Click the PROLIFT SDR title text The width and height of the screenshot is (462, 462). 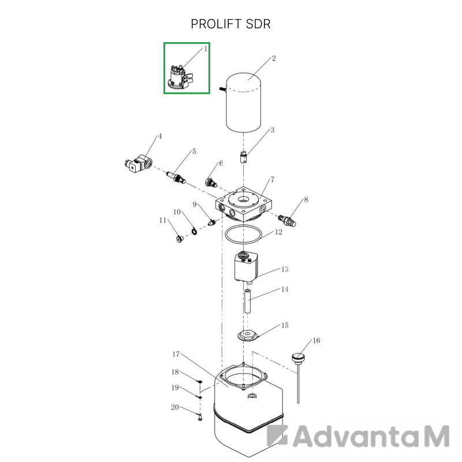pyautogui.click(x=230, y=24)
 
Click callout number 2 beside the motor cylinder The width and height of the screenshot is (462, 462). pyautogui.click(x=274, y=58)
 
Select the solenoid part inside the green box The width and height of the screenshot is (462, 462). pyautogui.click(x=180, y=77)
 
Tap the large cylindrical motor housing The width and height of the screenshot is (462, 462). pyautogui.click(x=243, y=102)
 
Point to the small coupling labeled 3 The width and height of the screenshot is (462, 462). pyautogui.click(x=243, y=157)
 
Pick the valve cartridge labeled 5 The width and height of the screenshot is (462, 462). pyautogui.click(x=176, y=177)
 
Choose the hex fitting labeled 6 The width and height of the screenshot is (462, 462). pyautogui.click(x=211, y=182)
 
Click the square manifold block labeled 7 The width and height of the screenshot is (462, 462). pyautogui.click(x=243, y=204)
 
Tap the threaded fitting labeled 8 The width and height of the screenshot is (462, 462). pyautogui.click(x=287, y=221)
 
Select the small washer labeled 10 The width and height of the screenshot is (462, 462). pyautogui.click(x=194, y=232)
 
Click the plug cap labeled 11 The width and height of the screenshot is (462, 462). pyautogui.click(x=179, y=239)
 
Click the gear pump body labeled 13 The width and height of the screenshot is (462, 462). pyautogui.click(x=246, y=267)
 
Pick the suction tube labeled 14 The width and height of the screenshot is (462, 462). pyautogui.click(x=247, y=301)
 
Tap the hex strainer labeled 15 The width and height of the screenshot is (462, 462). pyautogui.click(x=248, y=336)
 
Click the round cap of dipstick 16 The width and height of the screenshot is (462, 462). pyautogui.click(x=298, y=357)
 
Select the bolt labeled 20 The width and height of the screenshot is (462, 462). pyautogui.click(x=200, y=417)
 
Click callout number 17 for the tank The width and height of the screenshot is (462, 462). pyautogui.click(x=176, y=354)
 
